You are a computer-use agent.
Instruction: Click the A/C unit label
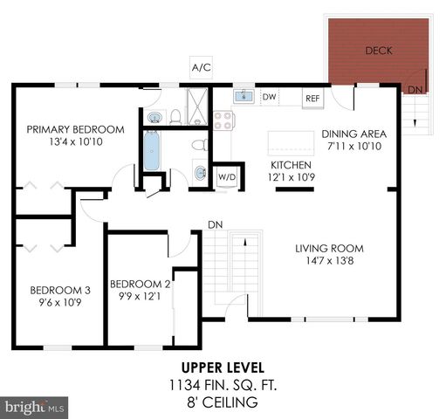202,67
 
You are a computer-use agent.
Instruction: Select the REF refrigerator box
312,99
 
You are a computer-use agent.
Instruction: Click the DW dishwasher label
270,97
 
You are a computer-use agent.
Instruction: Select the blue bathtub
151,150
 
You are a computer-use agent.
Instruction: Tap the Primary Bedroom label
74,135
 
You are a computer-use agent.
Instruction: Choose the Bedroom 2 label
140,290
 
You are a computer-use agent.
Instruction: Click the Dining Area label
353,140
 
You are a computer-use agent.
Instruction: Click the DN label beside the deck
415,90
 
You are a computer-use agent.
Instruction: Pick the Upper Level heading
223,367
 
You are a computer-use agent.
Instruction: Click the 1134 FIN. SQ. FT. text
223,384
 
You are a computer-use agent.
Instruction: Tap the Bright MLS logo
35,406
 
